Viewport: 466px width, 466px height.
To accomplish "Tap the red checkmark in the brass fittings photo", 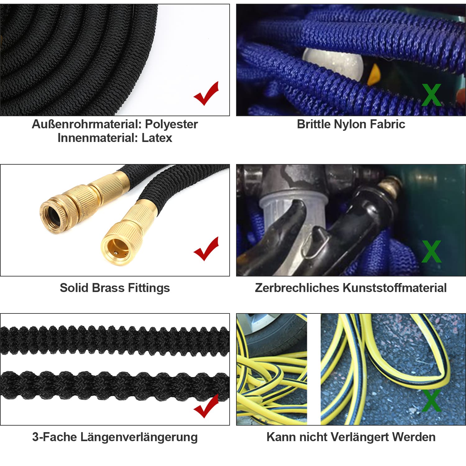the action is (x=206, y=249).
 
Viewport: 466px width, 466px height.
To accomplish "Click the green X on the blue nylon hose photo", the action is (x=432, y=95).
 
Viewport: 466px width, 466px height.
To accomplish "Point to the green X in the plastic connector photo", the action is (x=432, y=251).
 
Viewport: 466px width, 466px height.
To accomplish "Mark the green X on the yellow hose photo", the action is (x=432, y=400).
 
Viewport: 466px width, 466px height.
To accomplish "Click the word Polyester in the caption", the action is (x=171, y=124).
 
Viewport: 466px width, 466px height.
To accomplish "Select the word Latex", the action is (x=157, y=138).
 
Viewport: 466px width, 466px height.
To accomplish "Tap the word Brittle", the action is (x=314, y=124).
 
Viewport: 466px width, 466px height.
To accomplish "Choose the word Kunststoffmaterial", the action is (x=395, y=288).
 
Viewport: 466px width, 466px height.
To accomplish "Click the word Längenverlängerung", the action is (x=139, y=437).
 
